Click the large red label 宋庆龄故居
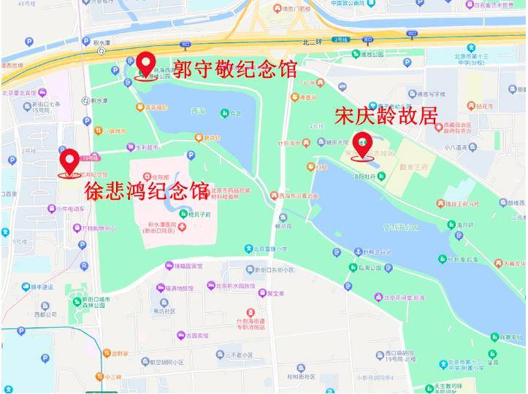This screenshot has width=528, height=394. click(386, 116)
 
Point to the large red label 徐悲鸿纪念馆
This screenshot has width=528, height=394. click(147, 192)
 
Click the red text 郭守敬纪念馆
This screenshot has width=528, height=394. click(234, 69)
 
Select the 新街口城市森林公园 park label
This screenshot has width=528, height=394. click(96, 302)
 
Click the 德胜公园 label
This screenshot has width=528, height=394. click(372, 54)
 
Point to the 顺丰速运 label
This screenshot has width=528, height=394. click(42, 287)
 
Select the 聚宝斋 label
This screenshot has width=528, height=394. click(275, 293)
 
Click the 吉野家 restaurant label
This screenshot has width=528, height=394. click(118, 353)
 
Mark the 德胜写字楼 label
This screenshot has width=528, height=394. click(427, 93)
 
